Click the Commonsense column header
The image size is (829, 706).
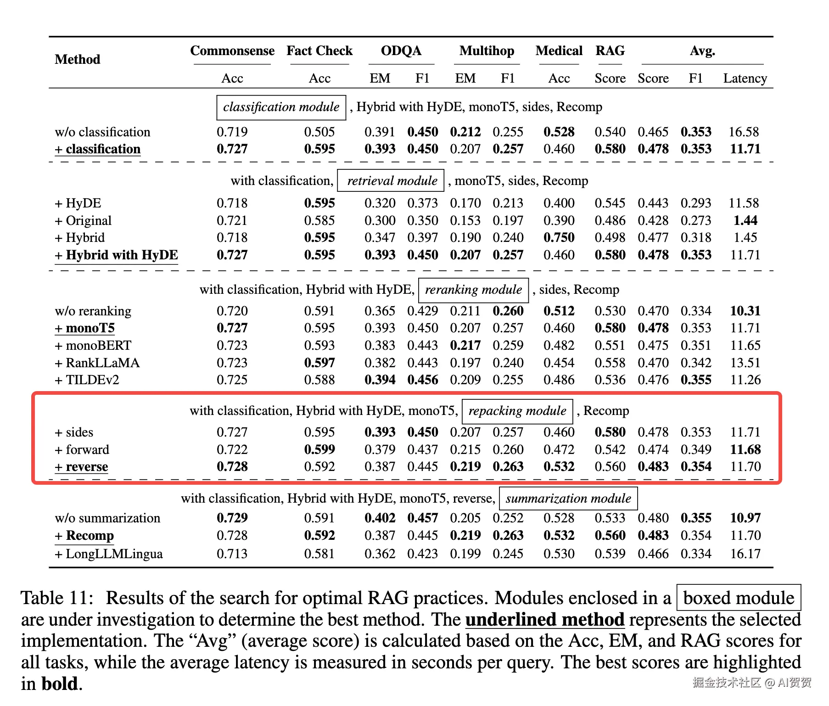point(232,50)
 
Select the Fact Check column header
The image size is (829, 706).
point(319,50)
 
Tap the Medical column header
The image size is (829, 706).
point(559,50)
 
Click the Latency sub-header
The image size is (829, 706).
point(745,78)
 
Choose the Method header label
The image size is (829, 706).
point(77,59)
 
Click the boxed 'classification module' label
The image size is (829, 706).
point(281,107)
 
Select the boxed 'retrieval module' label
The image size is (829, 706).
point(392,181)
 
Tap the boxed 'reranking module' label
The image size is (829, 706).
point(473,290)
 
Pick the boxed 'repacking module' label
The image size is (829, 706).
point(517,411)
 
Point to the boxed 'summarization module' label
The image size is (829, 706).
point(568,499)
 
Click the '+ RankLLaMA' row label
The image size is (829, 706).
point(97,363)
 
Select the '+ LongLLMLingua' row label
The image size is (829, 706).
point(109,554)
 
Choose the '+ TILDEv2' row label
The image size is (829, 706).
point(87,380)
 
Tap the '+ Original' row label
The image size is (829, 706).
point(83,221)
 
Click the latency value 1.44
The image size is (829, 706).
point(745,221)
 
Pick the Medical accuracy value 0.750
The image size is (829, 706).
point(559,238)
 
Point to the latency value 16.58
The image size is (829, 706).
point(744,132)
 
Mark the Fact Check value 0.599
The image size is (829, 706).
point(319,450)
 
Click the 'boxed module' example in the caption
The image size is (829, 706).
point(739,598)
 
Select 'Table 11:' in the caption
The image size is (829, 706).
point(57,598)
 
